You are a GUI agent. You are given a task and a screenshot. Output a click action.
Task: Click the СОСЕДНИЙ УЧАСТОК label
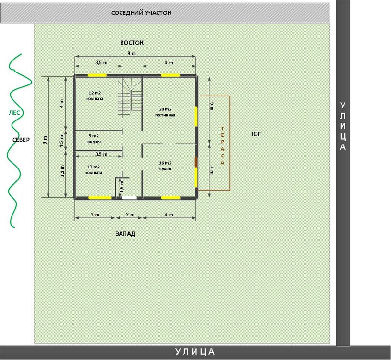(141, 12)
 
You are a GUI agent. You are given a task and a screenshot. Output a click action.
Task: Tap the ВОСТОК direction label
(132, 43)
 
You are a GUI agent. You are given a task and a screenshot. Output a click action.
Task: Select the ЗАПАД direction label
(125, 234)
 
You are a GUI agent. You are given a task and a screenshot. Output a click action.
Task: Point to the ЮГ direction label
(256, 134)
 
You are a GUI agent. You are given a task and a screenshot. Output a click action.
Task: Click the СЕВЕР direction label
(21, 140)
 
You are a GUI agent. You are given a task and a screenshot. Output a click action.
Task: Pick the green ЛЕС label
(14, 113)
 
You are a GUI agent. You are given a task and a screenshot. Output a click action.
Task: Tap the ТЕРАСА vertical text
(223, 146)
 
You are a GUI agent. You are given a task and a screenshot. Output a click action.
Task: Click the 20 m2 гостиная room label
(165, 112)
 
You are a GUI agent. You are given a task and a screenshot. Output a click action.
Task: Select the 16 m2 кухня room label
(165, 166)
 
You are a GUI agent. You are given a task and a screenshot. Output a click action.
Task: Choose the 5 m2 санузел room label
(94, 139)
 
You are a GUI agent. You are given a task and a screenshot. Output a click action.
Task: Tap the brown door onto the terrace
(196, 162)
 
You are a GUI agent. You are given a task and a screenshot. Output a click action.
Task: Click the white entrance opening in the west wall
(129, 198)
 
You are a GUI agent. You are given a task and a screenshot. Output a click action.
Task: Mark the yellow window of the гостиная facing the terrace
(196, 116)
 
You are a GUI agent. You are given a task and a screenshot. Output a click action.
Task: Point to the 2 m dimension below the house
(130, 215)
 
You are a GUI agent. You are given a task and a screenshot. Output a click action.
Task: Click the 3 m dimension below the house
(95, 215)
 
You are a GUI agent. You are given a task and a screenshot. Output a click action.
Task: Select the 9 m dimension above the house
(132, 53)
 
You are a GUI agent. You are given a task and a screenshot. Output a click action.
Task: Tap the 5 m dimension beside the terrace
(212, 106)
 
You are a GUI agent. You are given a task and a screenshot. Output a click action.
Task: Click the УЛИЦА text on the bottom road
(195, 352)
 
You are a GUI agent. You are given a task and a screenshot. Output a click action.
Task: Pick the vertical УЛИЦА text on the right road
(343, 126)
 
